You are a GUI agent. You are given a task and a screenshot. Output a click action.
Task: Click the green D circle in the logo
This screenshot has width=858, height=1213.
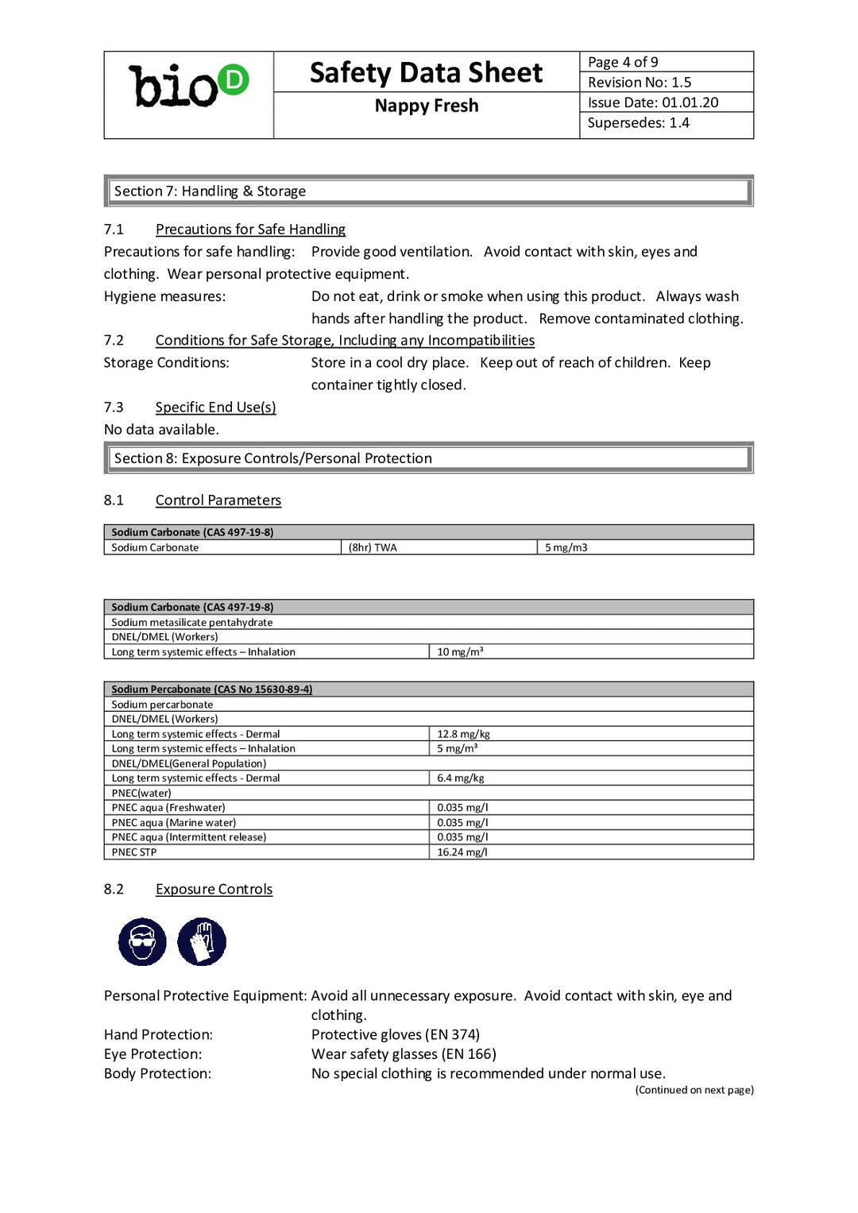(x=233, y=79)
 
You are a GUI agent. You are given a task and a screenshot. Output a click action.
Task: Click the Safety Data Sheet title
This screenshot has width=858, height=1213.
(x=426, y=72)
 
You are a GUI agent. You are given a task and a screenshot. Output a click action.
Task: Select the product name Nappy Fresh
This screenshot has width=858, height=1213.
(x=426, y=106)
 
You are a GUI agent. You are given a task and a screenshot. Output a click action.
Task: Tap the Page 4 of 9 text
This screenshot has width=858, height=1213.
(x=623, y=62)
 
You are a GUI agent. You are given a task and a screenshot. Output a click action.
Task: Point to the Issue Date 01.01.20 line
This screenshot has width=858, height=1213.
(x=652, y=102)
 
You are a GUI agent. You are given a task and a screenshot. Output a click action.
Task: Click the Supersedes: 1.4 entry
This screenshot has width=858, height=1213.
(x=638, y=122)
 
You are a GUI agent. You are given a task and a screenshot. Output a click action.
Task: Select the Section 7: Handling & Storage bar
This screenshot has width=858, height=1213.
(x=428, y=191)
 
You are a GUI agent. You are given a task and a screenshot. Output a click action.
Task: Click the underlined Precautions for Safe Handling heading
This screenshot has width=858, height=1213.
(x=250, y=229)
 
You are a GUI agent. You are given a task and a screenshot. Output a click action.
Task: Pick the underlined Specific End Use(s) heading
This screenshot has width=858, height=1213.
(x=215, y=407)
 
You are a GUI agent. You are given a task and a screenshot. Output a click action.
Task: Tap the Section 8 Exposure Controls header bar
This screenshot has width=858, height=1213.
(x=428, y=458)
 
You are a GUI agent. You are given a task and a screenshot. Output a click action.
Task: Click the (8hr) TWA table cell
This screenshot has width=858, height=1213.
(x=373, y=547)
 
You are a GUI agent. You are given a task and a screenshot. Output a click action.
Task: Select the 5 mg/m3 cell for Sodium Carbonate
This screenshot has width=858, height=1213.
(x=566, y=547)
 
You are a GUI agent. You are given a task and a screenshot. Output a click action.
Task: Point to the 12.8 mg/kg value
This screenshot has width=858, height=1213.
(x=463, y=734)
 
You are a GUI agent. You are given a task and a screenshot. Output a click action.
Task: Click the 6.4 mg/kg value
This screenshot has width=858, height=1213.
(x=460, y=778)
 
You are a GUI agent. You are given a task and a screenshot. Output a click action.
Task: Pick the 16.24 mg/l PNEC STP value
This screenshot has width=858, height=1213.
(x=462, y=852)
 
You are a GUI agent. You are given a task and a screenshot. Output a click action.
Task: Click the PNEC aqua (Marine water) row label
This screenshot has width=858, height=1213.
(x=173, y=822)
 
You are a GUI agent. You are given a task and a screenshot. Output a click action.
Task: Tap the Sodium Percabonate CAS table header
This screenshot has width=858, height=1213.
(x=211, y=689)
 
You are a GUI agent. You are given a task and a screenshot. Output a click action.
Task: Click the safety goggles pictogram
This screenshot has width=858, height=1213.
(x=142, y=942)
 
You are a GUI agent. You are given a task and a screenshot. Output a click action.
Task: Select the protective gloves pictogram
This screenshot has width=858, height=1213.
(x=202, y=942)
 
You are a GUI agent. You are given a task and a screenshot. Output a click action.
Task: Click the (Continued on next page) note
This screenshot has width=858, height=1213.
(x=694, y=1090)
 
